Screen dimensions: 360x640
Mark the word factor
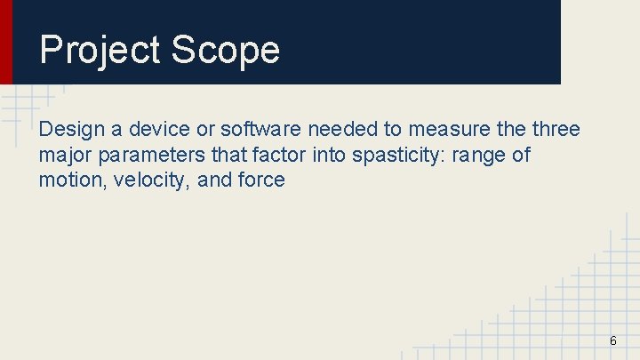pyautogui.click(x=280, y=156)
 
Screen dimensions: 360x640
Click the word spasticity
pyautogui.click(x=398, y=156)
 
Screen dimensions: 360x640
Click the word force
pyautogui.click(x=261, y=180)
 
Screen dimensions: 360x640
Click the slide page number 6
pyautogui.click(x=612, y=341)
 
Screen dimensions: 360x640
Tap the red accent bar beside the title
pyautogui.click(x=6, y=42)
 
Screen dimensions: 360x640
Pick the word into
pyautogui.click(x=329, y=156)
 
